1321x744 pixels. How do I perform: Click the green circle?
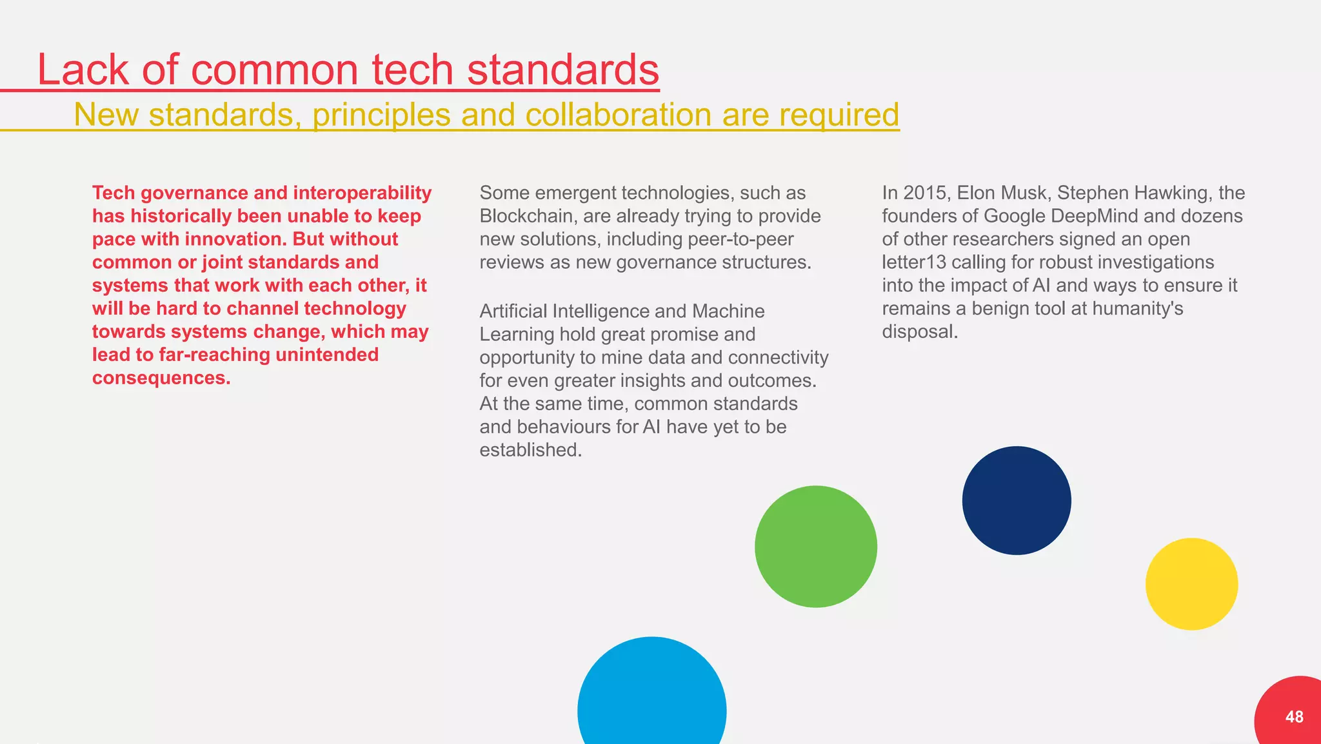(816, 546)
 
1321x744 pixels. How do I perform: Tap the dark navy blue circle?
(1017, 500)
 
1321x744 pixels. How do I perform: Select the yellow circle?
(1191, 584)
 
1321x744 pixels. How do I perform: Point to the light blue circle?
(651, 703)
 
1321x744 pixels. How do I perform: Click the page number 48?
(1294, 717)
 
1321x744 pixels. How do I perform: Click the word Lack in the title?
(83, 70)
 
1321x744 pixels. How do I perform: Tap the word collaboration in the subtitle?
(619, 115)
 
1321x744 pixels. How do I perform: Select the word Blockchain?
(526, 216)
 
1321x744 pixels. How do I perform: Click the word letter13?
(914, 262)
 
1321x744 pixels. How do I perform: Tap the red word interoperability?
(362, 193)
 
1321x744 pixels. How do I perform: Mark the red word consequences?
(161, 378)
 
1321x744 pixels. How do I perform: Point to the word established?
(530, 450)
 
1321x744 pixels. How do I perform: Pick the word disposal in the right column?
(919, 332)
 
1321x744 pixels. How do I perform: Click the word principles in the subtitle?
(383, 115)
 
